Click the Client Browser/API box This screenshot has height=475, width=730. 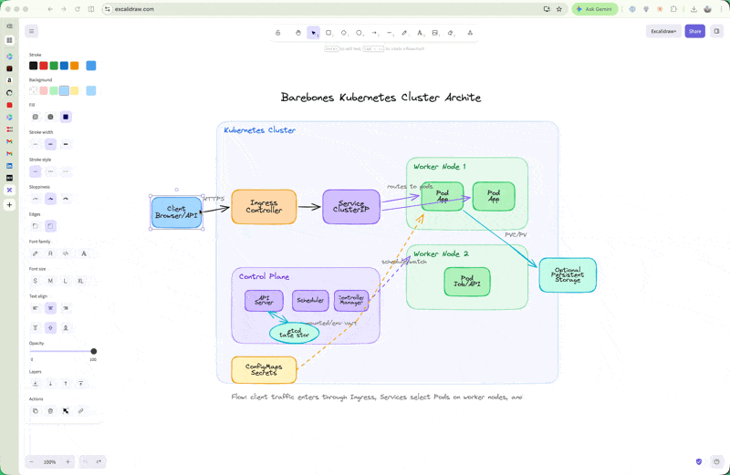176,212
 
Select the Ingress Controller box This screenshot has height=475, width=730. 264,207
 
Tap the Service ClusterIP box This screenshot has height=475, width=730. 351,207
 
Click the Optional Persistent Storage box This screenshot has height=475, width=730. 568,275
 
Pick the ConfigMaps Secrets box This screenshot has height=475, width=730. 264,370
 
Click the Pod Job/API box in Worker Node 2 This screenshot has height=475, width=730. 466,282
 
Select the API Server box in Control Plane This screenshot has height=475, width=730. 264,300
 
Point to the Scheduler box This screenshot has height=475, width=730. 310,300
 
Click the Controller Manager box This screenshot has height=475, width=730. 351,300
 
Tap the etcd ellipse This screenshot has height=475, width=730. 294,334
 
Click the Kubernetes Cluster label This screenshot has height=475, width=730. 260,130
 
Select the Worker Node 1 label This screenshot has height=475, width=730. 439,167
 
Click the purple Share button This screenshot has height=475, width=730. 694,31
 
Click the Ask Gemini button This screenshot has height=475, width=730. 595,9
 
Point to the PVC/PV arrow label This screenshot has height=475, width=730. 516,234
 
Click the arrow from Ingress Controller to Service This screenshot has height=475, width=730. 309,207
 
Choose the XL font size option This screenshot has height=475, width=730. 80,281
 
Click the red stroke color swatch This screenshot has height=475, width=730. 43,66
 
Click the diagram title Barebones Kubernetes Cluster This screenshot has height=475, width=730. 381,98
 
